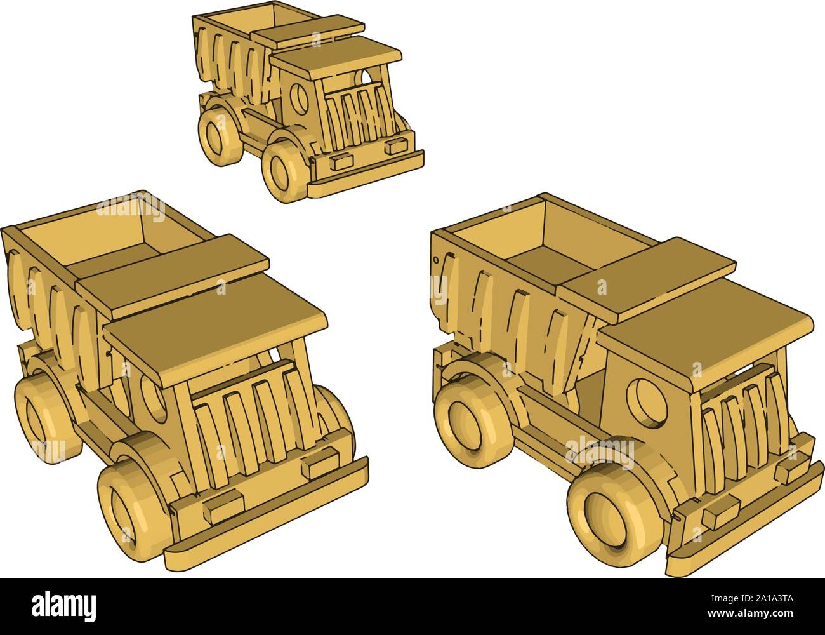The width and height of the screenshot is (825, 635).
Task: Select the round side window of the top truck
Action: click(297, 97)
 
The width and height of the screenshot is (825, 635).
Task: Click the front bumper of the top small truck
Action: click(367, 172)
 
